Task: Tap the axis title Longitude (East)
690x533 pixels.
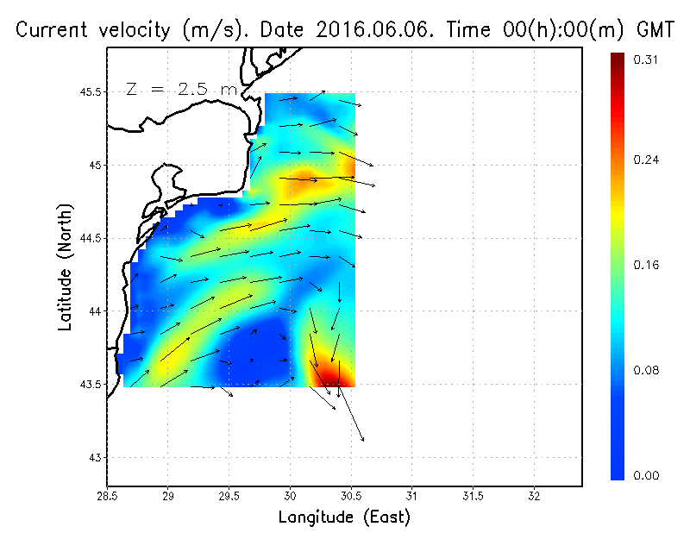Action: (344, 517)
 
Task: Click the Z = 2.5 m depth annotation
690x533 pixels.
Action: (180, 89)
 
